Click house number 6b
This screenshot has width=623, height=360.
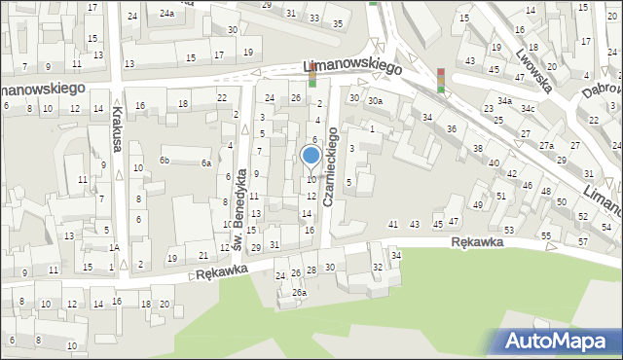tap(165, 160)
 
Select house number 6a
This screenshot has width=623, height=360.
tap(206, 163)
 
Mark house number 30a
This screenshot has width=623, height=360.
tap(374, 100)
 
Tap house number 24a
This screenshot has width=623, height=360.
tap(167, 13)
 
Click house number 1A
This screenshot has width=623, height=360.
tap(114, 248)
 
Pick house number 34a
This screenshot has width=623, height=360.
tap(504, 101)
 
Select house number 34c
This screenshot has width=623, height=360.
tap(528, 107)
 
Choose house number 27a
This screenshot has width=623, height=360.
tap(547, 145)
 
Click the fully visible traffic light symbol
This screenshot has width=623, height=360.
tap(441, 80)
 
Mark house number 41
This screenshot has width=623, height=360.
tap(393, 225)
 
